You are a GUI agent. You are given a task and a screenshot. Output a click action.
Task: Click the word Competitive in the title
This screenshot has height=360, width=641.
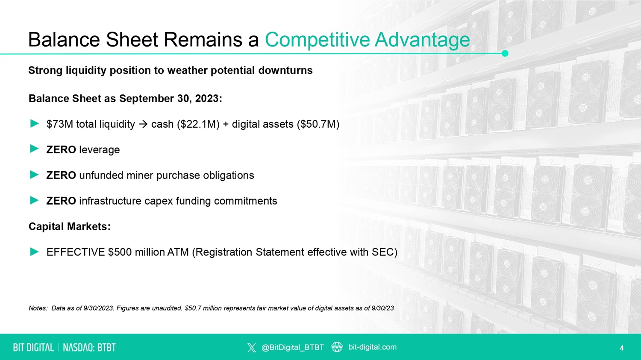click(x=318, y=39)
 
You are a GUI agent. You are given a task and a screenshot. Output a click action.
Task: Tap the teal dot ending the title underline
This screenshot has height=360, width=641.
click(x=505, y=53)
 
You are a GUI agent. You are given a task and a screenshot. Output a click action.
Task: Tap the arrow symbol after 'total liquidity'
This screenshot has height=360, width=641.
click(x=143, y=124)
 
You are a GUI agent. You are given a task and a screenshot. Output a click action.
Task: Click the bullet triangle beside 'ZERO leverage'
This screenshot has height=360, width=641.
click(x=34, y=149)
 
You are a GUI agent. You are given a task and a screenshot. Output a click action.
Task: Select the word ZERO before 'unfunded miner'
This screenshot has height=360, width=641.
click(x=61, y=175)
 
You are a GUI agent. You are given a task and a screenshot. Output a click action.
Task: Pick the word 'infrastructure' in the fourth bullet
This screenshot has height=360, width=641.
click(x=110, y=201)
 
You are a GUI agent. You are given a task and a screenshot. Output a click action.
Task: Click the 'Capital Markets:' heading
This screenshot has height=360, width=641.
click(x=70, y=226)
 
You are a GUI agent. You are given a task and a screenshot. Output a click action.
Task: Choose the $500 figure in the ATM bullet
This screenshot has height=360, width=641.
click(x=120, y=252)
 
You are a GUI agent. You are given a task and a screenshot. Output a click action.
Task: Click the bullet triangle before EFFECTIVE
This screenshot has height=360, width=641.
click(x=34, y=252)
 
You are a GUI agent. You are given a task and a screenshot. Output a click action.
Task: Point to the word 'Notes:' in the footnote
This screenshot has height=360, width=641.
click(x=38, y=308)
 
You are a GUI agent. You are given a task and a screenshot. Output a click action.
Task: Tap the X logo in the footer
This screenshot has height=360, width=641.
click(x=252, y=348)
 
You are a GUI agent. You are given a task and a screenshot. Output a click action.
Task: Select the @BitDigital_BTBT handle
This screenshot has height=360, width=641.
click(x=292, y=347)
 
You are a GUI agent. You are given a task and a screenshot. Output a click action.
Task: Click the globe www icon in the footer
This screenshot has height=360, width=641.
click(x=337, y=347)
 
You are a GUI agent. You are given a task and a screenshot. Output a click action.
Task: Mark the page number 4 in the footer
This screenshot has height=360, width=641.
click(x=622, y=348)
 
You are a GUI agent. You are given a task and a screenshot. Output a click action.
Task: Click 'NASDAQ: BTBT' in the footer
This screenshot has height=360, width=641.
click(x=89, y=348)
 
